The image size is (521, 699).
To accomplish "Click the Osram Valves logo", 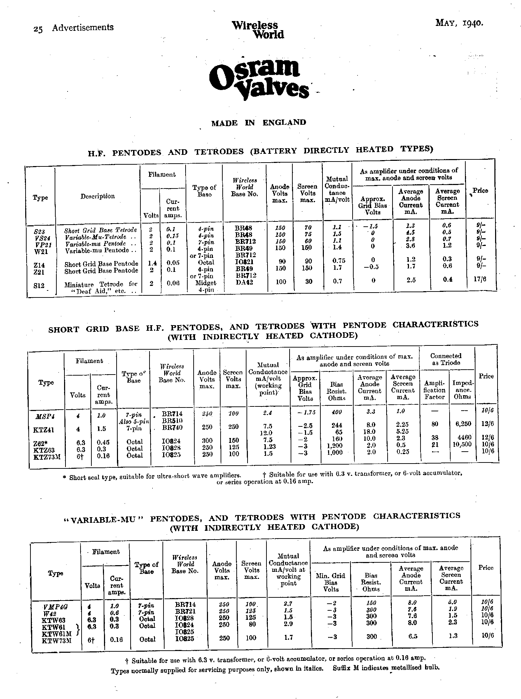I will coord(258,76).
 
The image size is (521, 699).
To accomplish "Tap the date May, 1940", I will coord(459,23).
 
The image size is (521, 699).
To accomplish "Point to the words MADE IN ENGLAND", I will coord(258,123).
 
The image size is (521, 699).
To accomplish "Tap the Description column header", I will coord(98,196).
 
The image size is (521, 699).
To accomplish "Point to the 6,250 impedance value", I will coord(463,424).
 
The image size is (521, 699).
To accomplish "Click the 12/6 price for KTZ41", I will coord(487,424).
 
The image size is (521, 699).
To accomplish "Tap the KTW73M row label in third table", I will coord(57,640).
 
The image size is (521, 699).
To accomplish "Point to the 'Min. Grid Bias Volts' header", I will coord(331,582).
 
